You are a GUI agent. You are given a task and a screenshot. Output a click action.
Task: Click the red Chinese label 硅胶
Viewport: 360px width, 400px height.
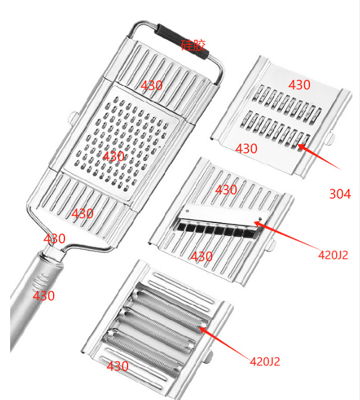click(193, 45)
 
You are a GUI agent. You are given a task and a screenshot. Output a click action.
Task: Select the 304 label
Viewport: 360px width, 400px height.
click(340, 194)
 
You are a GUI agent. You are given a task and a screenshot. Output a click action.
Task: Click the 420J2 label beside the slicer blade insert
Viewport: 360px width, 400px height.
click(333, 255)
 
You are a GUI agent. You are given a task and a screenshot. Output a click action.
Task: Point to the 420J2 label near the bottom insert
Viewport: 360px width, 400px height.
click(265, 361)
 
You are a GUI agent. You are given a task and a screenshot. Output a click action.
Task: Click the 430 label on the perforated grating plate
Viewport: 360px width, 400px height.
click(113, 156)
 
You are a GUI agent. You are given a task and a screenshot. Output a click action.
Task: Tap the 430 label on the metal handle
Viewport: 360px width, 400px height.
click(44, 296)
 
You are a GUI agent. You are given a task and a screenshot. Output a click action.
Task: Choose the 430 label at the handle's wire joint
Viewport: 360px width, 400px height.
click(54, 238)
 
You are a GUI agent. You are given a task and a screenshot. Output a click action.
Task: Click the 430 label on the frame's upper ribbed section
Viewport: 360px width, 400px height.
click(151, 85)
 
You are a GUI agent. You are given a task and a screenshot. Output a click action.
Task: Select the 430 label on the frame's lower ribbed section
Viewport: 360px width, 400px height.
click(82, 213)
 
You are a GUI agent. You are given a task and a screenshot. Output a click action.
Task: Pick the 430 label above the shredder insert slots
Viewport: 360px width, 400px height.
click(299, 85)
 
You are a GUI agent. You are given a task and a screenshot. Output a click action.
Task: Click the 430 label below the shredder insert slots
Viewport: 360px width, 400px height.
click(246, 148)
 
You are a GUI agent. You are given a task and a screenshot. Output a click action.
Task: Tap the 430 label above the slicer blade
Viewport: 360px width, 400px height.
click(226, 190)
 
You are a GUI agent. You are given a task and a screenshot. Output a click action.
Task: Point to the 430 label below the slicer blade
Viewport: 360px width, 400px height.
click(201, 256)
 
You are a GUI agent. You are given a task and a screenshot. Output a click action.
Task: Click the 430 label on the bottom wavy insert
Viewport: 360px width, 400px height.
click(117, 367)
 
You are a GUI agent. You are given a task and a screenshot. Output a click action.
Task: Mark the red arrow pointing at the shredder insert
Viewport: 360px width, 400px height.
click(319, 157)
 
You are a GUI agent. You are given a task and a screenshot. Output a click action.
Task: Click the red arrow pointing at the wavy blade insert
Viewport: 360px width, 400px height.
click(225, 343)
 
